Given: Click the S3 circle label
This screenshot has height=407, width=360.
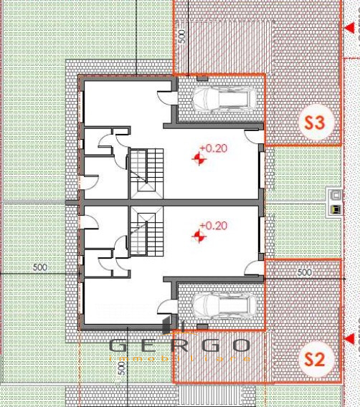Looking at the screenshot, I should tap(315, 123).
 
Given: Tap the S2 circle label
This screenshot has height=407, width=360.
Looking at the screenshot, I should tap(315, 360).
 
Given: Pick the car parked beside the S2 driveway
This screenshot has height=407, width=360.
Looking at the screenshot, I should tap(221, 307).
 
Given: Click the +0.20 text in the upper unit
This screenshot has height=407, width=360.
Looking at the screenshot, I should tap(213, 148).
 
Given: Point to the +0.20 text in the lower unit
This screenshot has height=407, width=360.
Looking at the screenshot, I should tap(213, 226).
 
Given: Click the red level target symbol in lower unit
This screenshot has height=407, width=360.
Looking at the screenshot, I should tap(200, 235).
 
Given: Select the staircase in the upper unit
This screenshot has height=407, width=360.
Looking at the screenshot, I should tap(146, 173).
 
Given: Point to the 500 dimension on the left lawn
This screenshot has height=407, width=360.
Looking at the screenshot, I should tap(40, 268).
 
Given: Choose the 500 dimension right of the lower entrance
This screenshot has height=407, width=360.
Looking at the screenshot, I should tap(304, 272).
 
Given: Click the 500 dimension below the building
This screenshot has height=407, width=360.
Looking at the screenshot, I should tap(122, 368).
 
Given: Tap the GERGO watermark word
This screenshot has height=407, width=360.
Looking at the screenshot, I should tap(179, 345).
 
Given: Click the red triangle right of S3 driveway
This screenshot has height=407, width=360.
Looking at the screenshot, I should tap(350, 29).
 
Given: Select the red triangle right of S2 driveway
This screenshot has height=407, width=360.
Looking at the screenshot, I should tap(350, 339).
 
